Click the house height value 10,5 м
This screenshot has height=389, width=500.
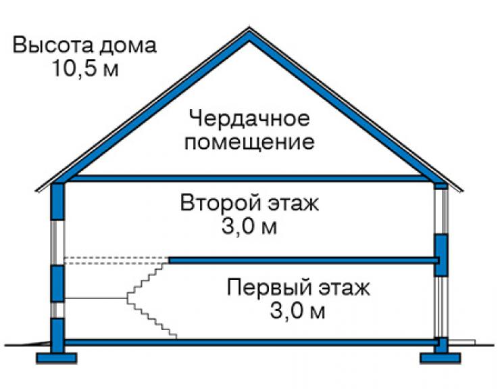tap(85, 68)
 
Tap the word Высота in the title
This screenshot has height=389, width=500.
tap(53, 45)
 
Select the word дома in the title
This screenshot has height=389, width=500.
tap(128, 45)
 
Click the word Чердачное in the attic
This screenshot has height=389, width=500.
tap(250, 118)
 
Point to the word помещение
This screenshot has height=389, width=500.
tap(250, 142)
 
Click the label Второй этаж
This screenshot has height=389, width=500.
tap(249, 202)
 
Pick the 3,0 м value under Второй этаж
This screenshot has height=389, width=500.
tap(249, 227)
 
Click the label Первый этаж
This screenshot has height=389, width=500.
tap(299, 288)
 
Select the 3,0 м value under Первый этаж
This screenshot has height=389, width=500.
tap(298, 311)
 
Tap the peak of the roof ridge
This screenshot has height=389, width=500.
tap(249, 28)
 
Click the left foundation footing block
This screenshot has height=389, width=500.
tap(57, 358)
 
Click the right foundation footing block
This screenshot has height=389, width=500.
tap(441, 358)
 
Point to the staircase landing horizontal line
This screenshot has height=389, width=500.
tap(96, 298)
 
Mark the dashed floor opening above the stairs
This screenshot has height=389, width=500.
tap(116, 260)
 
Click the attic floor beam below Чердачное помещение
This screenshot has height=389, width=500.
tap(249, 178)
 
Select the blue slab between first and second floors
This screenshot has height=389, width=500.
tap(303, 260)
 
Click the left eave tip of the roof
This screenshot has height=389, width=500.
tap(36, 191)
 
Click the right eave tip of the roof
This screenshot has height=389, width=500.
tap(462, 191)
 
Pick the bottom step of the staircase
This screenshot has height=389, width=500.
tap(172, 336)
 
